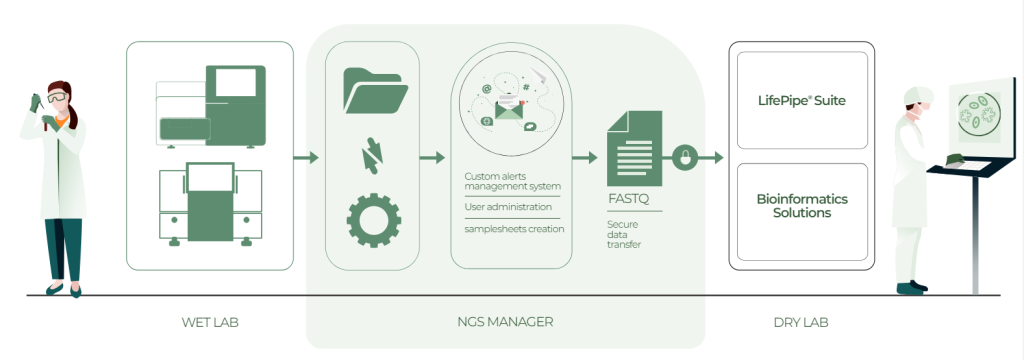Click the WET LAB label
coord(210,322)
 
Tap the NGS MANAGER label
coord(505,322)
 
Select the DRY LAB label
coord(801,322)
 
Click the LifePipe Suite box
coord(802,101)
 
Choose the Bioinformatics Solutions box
coord(802,206)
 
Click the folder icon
coord(374,91)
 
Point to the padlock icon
coord(685,157)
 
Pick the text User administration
coord(508,207)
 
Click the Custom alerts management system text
coord(512,181)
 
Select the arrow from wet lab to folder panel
coord(306,157)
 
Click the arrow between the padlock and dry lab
coord(711,157)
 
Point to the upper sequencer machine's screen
coord(240,85)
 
